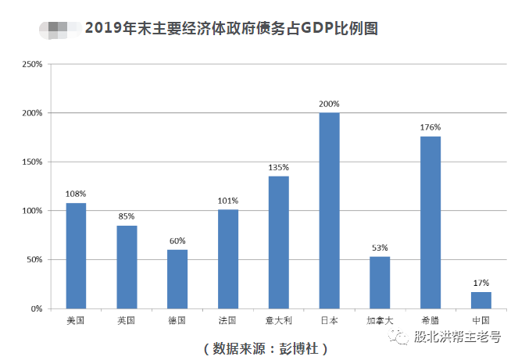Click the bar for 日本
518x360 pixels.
pos(329,211)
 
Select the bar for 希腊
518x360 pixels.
pos(430,223)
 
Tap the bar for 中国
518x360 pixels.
pos(481,300)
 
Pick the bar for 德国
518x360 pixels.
pos(177,279)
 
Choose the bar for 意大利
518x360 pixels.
pos(279,242)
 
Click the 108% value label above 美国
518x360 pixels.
pos(76,194)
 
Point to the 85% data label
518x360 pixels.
pos(127,216)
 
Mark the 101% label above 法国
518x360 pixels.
pos(228,201)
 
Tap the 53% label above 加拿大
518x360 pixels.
pos(380,248)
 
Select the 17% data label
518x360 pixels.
pos(481,283)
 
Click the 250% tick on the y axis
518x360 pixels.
pos(31,64)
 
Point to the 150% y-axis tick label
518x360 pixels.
pos(31,162)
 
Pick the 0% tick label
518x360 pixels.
pos(36,309)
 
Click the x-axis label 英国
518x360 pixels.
pos(127,320)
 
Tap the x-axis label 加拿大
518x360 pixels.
pos(380,320)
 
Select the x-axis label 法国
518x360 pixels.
pos(228,320)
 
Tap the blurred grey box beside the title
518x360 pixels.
pos(58,30)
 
